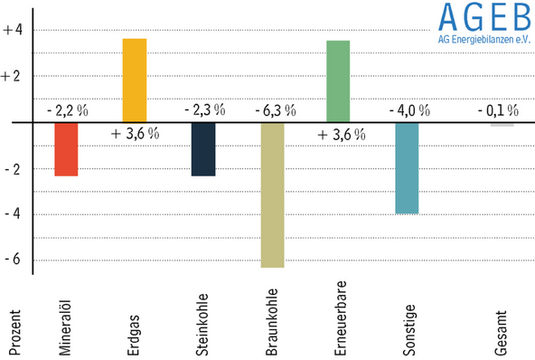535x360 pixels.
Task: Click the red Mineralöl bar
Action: coord(66,149)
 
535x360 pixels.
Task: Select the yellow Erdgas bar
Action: coord(134,81)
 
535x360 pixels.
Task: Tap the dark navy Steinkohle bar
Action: coord(203,149)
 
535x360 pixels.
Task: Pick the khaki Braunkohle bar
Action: coord(272,195)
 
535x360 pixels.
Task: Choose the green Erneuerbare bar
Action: coord(338,81)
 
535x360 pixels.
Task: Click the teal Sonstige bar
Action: coord(407,168)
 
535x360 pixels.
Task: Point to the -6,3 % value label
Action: coord(272,110)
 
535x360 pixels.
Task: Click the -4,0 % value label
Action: coord(408,110)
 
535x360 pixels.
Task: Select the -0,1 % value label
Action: coord(497,110)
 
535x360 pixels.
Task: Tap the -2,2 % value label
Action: coord(67,110)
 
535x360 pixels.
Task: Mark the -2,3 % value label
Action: coord(204,110)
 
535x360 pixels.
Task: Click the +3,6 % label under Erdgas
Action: coord(135,134)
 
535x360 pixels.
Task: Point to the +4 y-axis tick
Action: coord(13,30)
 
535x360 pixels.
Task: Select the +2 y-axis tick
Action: coord(13,76)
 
